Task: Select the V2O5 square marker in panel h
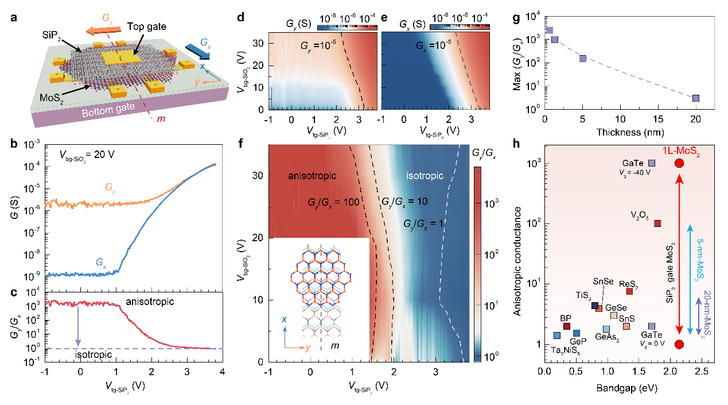point(658,223)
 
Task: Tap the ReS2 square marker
point(629,291)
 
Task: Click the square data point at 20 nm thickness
point(696,98)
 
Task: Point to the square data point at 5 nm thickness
point(583,59)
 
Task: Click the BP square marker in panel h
point(567,326)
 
